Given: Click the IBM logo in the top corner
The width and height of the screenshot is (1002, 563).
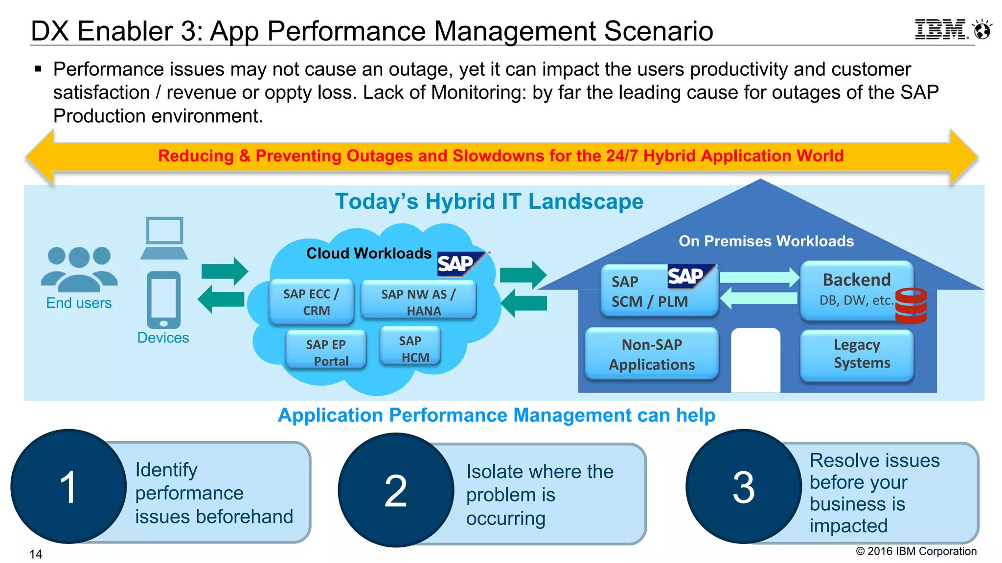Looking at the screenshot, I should pos(940,30).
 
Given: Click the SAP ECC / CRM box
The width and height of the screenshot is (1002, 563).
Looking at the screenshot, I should pos(312,302).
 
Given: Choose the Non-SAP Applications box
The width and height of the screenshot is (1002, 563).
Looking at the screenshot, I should pos(652,354).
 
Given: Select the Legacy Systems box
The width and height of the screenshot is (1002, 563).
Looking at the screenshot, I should pos(857,355).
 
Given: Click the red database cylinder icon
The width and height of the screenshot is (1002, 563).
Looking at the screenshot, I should pos(911,306).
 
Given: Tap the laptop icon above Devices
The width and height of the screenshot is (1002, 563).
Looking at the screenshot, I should pos(164,238).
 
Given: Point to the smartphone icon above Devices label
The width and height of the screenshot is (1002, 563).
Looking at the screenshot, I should pos(163,300).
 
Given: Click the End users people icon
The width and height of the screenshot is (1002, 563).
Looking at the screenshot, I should pos(79,268).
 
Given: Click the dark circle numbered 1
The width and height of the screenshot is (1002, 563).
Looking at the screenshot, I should pos(68,487).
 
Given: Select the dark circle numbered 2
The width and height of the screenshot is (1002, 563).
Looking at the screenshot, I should pos(396,490).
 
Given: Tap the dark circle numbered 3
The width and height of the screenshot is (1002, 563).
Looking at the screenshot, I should pos(743,487).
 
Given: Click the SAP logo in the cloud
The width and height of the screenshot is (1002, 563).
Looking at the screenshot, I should pos(457,263).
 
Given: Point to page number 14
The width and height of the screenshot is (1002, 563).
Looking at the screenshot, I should pos(36,554).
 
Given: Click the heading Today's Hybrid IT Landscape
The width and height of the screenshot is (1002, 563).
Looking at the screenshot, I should pos(489,201).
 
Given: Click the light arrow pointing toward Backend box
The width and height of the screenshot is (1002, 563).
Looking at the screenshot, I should pos(759,278).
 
